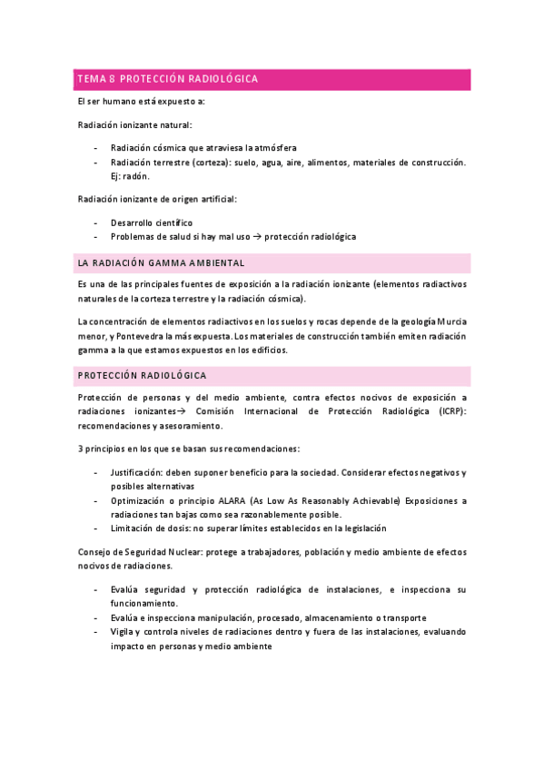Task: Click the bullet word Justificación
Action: click(x=137, y=472)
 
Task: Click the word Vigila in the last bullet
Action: click(x=123, y=632)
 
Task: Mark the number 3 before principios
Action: click(x=80, y=449)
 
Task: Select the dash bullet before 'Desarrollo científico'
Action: click(x=96, y=222)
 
